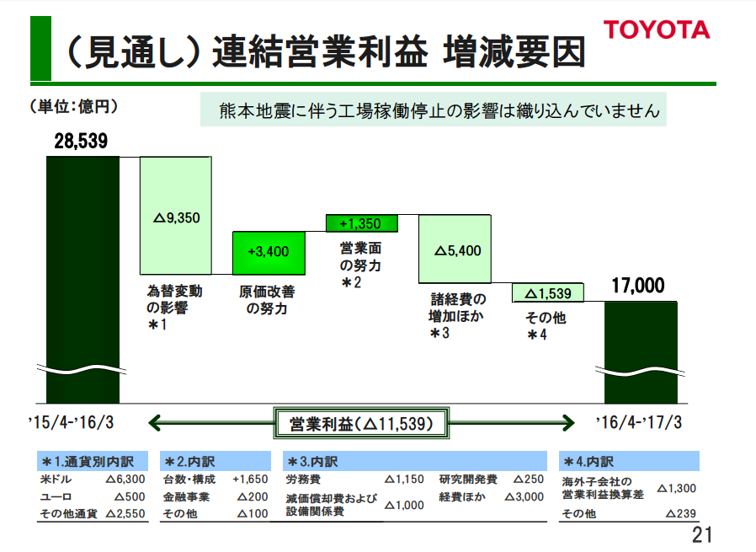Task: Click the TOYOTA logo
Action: (657, 30)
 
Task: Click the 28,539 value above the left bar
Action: (82, 141)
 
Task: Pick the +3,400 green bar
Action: (269, 251)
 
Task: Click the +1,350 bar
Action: (360, 223)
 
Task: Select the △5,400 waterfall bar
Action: (455, 249)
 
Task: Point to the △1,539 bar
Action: (548, 292)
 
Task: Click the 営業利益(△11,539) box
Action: (361, 423)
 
